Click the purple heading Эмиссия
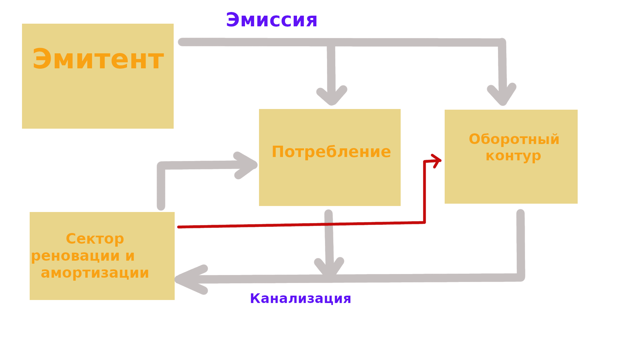click(x=271, y=20)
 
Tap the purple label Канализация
click(x=300, y=298)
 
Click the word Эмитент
click(x=98, y=59)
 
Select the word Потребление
click(x=331, y=152)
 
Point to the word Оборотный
click(x=514, y=139)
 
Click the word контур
click(x=513, y=156)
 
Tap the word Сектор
click(x=95, y=239)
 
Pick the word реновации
click(x=75, y=256)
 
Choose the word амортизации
click(x=95, y=273)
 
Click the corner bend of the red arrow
click(x=424, y=222)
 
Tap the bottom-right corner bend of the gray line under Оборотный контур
click(x=521, y=277)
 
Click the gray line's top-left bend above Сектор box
click(x=161, y=166)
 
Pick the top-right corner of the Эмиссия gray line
click(x=502, y=42)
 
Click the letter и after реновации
click(x=130, y=256)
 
